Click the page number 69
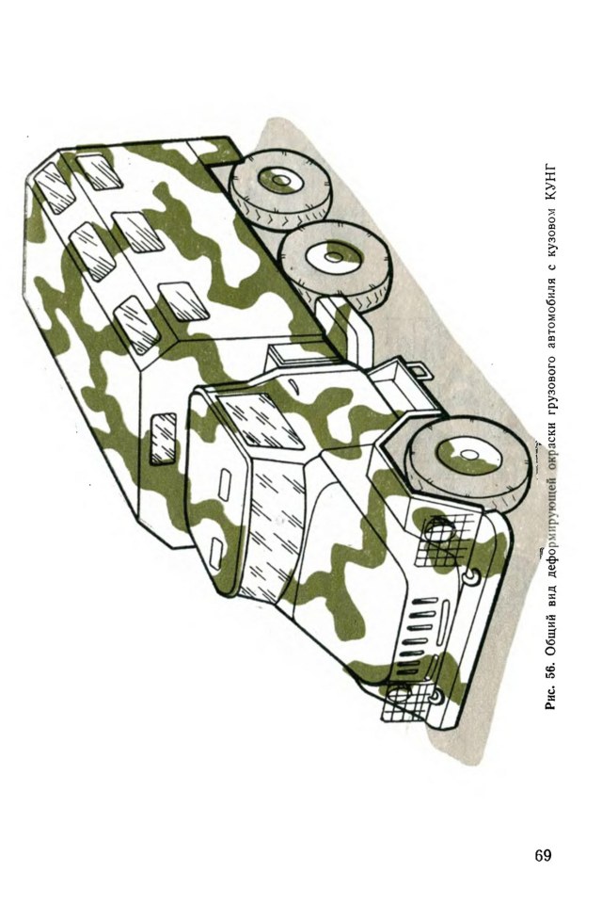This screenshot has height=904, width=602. pos(543,854)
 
